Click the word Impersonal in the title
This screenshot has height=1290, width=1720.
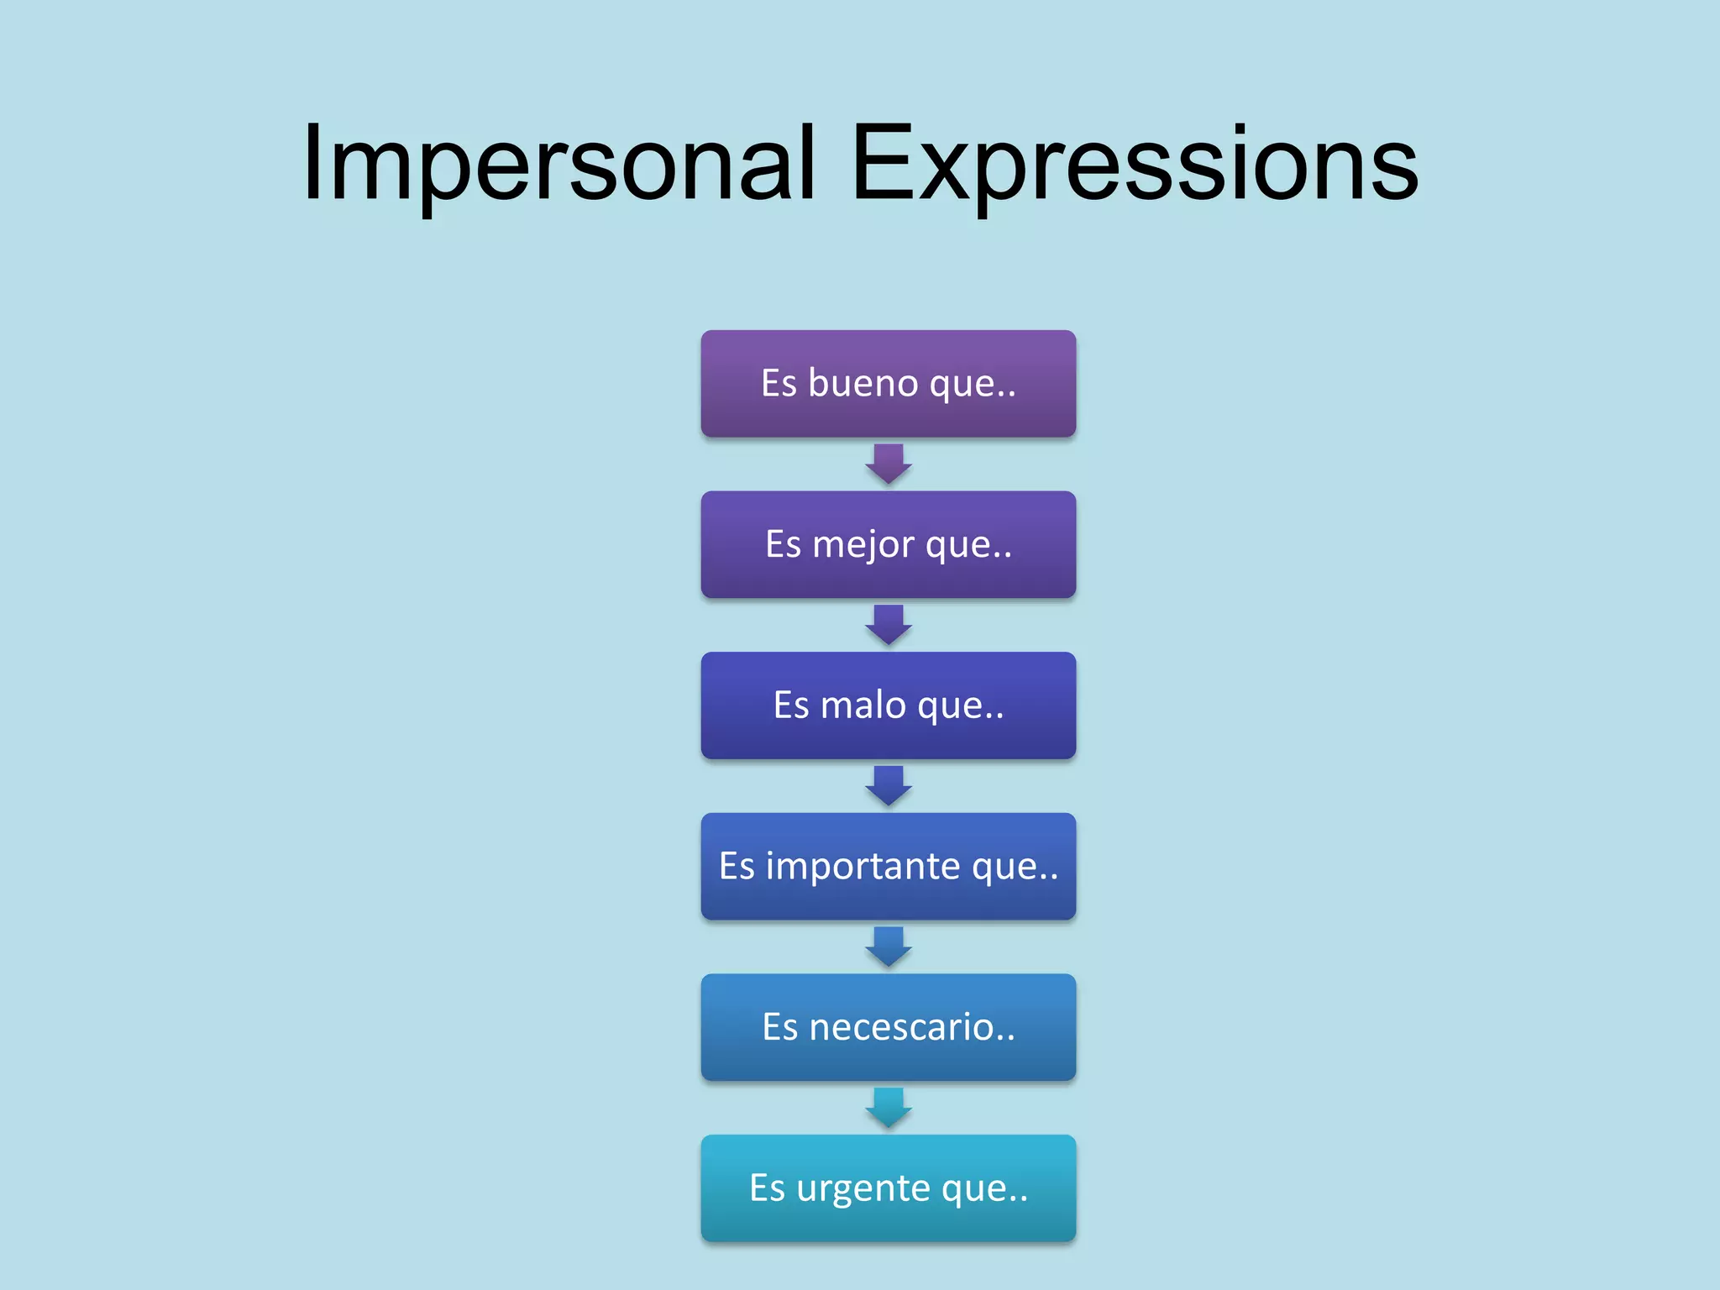click(x=558, y=164)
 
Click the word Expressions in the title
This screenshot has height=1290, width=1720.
click(x=1135, y=164)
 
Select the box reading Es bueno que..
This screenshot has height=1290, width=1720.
click(x=888, y=384)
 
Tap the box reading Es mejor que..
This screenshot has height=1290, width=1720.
click(x=888, y=544)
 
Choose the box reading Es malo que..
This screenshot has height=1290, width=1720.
click(x=888, y=705)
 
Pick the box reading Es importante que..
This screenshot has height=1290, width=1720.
click(x=888, y=866)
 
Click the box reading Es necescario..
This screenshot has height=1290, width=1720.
click(x=888, y=1027)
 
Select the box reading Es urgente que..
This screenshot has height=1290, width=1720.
click(x=888, y=1188)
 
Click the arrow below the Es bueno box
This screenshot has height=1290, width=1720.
click(x=889, y=464)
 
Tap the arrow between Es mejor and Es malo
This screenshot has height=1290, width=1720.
click(x=889, y=625)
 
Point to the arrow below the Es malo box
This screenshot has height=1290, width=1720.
click(x=889, y=785)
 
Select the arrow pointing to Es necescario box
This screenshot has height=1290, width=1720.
click(x=889, y=947)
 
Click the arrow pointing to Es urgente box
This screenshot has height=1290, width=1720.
click(x=889, y=1107)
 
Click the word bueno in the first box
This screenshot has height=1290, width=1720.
click(x=863, y=384)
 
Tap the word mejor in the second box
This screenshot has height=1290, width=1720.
click(x=863, y=545)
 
